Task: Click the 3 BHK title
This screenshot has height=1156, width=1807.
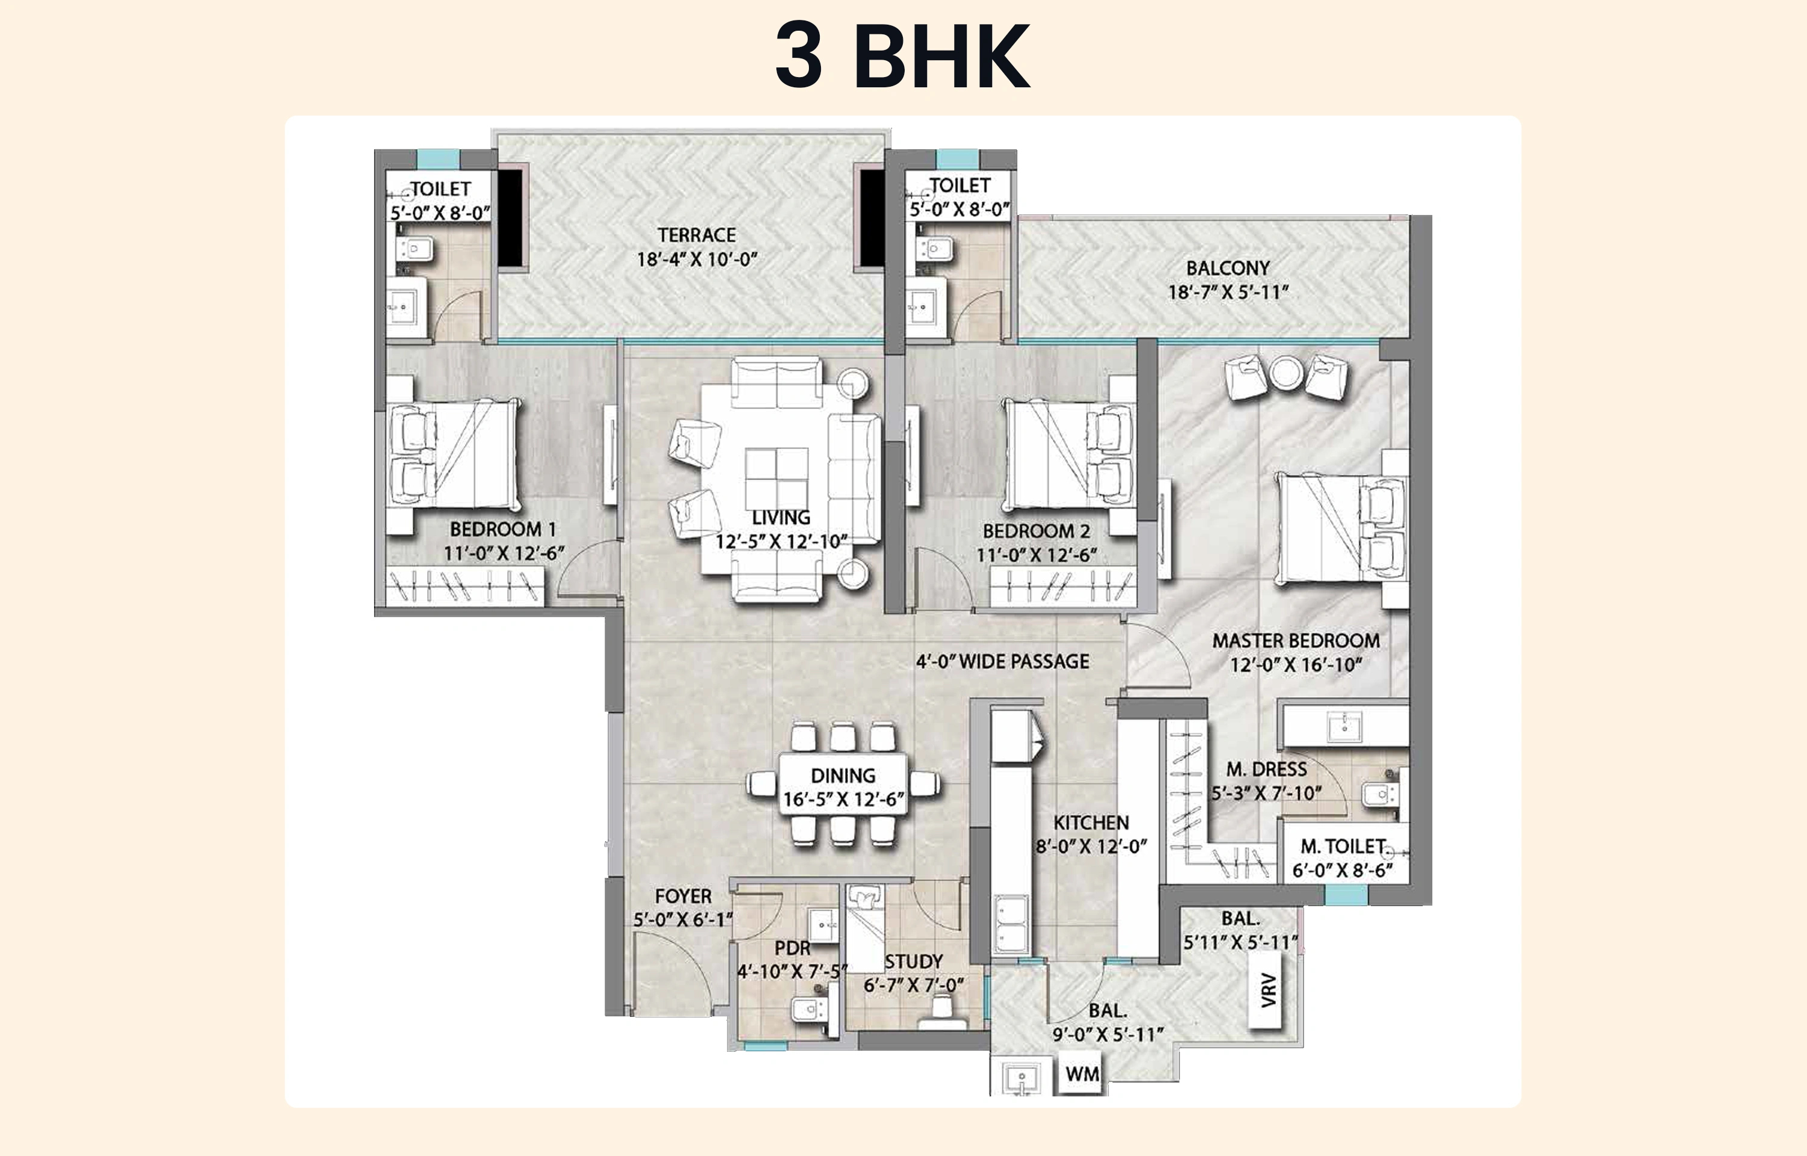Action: point(902,57)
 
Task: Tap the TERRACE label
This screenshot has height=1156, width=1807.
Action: point(697,235)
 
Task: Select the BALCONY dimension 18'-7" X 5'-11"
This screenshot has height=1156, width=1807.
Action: point(1228,293)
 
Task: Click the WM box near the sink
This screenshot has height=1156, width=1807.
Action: point(1082,1074)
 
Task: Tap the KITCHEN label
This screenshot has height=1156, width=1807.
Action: point(1091,822)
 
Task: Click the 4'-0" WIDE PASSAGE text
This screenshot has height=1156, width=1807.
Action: point(1002,661)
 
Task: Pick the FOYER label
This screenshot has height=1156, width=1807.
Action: point(682,897)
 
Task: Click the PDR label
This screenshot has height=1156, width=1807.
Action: point(792,948)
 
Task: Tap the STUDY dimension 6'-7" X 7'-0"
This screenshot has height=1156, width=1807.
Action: point(914,986)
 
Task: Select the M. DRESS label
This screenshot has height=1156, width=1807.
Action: point(1267,769)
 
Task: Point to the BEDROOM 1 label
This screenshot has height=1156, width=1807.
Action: point(502,529)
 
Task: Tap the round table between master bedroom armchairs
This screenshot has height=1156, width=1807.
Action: point(1287,373)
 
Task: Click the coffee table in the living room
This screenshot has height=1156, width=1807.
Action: point(777,477)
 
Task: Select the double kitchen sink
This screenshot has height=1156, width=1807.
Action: point(1011,924)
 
